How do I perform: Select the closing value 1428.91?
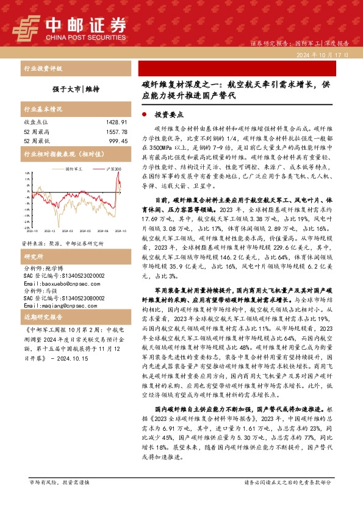(x=116, y=122)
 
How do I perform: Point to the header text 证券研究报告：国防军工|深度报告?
(x=300, y=44)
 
